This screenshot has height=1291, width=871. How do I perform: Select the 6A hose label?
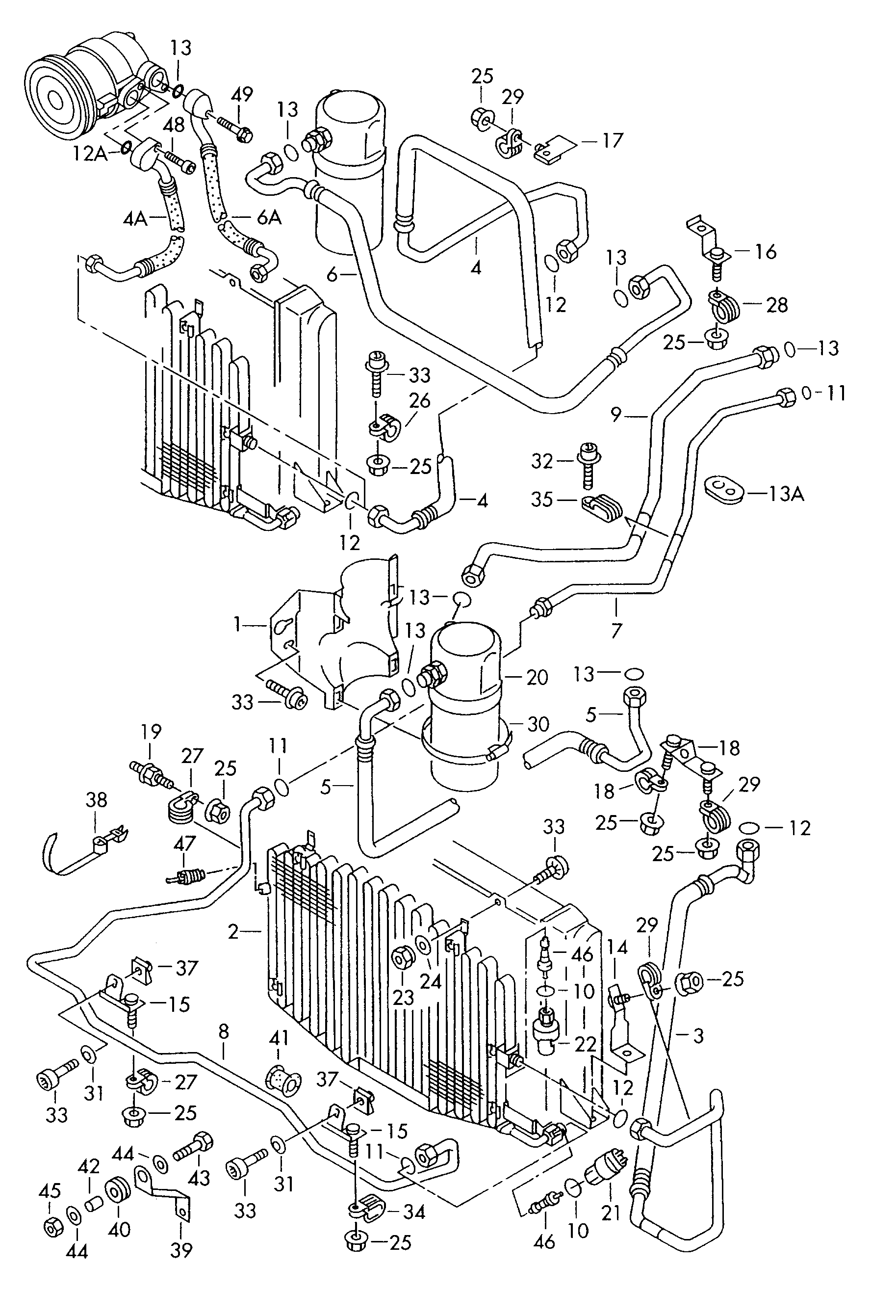click(x=269, y=217)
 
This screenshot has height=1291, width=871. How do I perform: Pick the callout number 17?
click(x=613, y=140)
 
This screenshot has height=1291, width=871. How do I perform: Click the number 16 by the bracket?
click(x=766, y=252)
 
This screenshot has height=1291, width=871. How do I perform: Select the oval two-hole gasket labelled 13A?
click(x=724, y=489)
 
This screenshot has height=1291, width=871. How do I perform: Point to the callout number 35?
click(x=542, y=500)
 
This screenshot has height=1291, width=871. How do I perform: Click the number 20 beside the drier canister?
click(x=537, y=677)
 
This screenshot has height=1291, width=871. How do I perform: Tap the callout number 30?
click(x=538, y=724)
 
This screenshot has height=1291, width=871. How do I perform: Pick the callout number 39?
click(x=181, y=1249)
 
